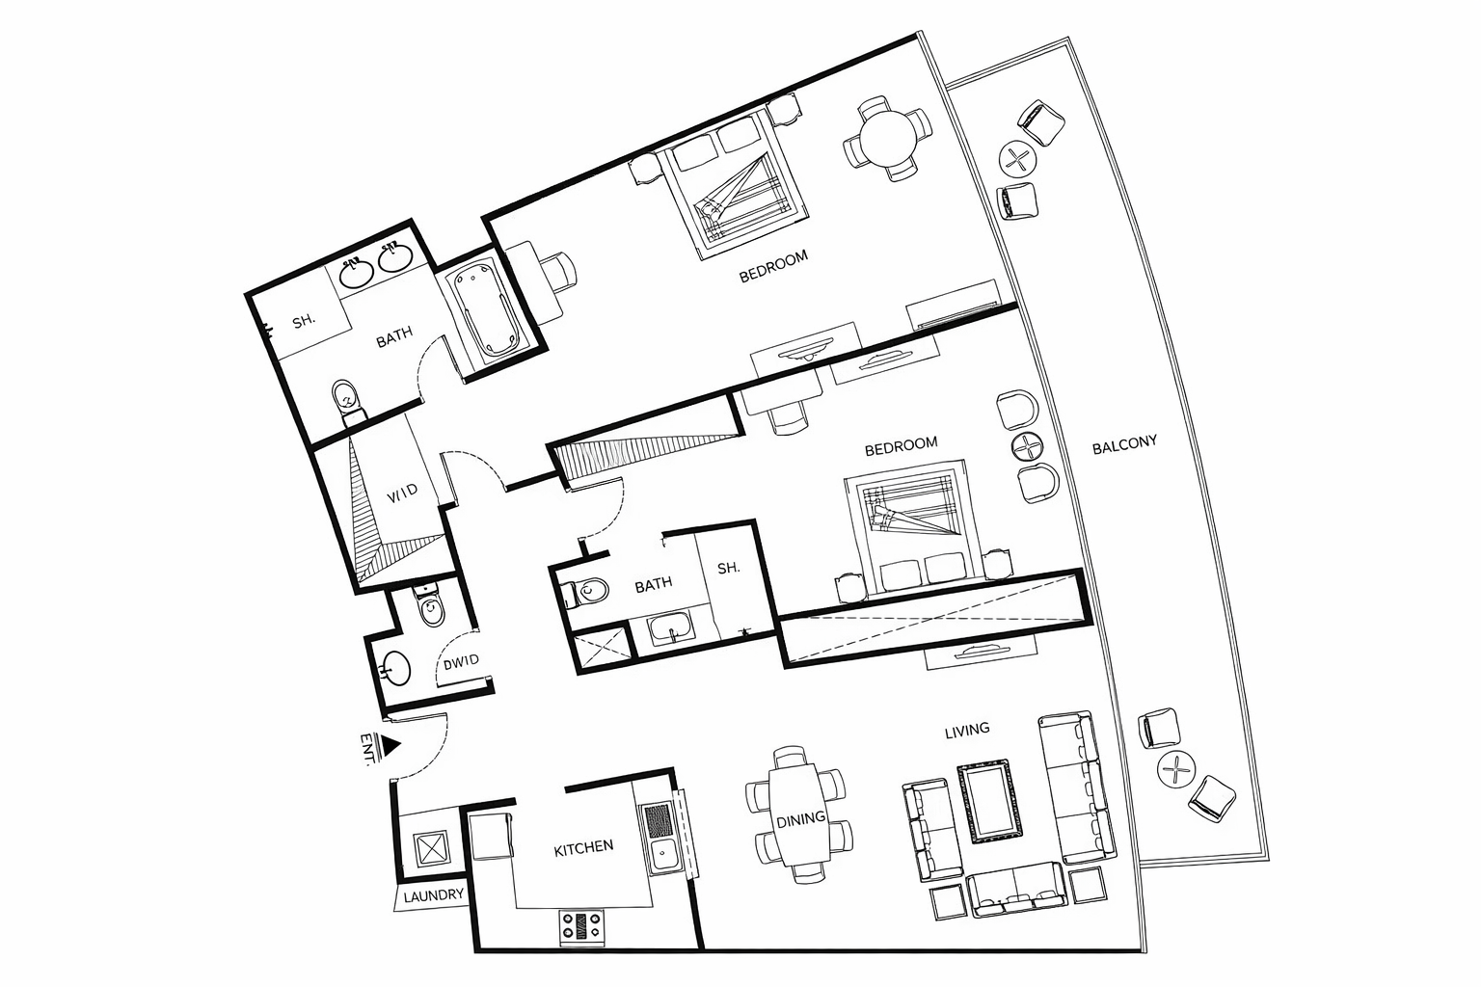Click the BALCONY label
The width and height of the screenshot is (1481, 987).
click(x=1124, y=445)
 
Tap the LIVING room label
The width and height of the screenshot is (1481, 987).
click(x=967, y=730)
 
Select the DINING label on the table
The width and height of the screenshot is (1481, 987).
click(x=801, y=818)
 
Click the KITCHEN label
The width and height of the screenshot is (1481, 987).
click(x=583, y=847)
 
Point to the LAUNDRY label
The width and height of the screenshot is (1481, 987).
click(x=434, y=895)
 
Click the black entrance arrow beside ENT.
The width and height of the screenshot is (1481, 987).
click(x=390, y=744)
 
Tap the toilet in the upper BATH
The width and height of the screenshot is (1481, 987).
click(x=344, y=398)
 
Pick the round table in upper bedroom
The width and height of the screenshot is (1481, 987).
click(x=888, y=138)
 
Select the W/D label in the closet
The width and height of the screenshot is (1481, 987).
click(x=402, y=493)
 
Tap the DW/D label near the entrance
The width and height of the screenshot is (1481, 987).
click(x=461, y=662)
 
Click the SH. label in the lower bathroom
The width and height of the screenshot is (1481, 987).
click(x=729, y=569)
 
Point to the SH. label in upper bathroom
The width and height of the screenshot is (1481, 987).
click(x=305, y=322)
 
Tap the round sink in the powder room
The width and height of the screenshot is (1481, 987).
click(x=394, y=665)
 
